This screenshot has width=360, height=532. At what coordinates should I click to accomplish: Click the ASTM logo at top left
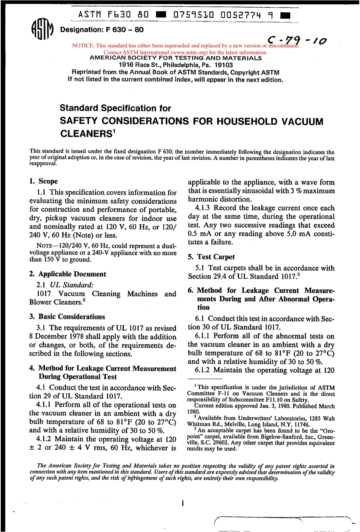[x=41, y=29]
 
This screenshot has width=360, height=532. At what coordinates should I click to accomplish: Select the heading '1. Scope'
[x=44, y=181]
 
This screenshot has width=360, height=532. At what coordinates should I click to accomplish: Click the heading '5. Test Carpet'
[x=211, y=257]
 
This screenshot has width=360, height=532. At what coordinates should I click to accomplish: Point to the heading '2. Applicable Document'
[x=67, y=274]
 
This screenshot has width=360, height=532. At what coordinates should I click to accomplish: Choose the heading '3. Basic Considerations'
[x=67, y=317]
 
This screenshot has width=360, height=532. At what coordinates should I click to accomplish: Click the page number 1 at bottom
[x=183, y=503]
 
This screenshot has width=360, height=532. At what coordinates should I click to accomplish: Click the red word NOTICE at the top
[x=83, y=46]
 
